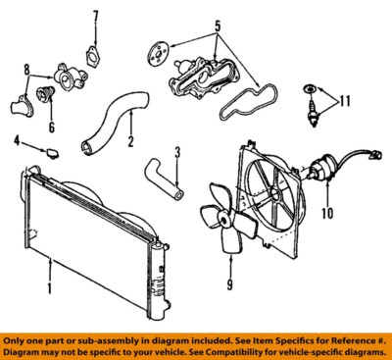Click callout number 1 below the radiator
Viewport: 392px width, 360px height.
tap(49, 290)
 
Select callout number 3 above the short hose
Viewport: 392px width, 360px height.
tap(176, 152)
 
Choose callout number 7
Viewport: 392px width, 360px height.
tap(95, 17)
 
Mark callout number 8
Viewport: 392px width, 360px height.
tap(28, 71)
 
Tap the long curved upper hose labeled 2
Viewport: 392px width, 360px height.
tap(109, 119)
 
